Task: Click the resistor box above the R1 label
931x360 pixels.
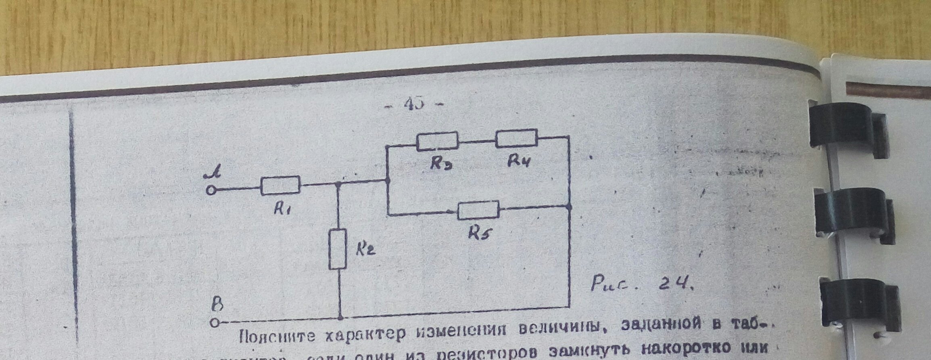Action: tap(280, 186)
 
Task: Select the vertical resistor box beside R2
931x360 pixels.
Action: tap(338, 249)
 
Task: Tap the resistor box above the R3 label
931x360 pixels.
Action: tap(437, 141)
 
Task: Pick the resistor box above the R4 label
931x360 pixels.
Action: tap(516, 138)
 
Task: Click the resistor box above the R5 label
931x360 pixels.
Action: tap(478, 210)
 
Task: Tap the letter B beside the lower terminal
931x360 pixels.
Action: tap(218, 304)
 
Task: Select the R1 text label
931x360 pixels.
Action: tap(283, 208)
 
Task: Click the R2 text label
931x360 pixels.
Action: tap(365, 250)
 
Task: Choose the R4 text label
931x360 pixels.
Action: tap(520, 161)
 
